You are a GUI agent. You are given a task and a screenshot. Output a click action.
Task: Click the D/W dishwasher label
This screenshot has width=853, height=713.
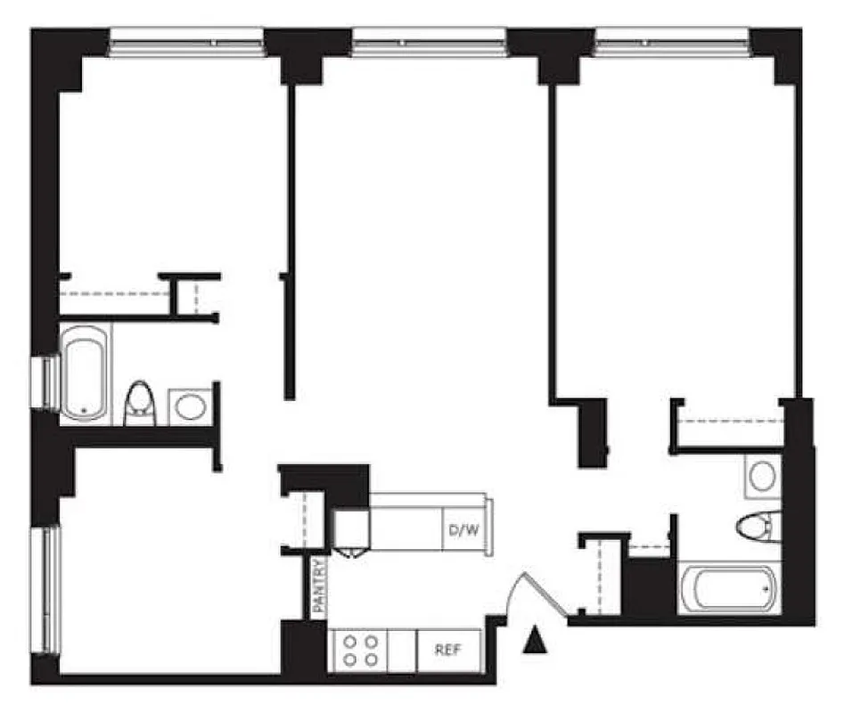463,532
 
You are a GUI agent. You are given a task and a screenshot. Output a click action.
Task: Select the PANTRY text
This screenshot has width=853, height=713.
319,585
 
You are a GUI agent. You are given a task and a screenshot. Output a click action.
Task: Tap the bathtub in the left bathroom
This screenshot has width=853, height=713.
85,373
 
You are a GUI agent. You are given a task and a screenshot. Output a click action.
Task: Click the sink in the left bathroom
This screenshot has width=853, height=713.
190,406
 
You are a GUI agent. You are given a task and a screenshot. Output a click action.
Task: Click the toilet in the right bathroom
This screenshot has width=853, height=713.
758,525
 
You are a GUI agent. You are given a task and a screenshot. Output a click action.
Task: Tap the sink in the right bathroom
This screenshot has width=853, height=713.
761,476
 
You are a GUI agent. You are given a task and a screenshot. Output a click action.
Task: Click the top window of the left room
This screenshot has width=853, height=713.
187,40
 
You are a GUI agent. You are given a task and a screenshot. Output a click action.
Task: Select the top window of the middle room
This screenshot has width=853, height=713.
430,40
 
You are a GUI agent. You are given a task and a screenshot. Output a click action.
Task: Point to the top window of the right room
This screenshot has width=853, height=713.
672,40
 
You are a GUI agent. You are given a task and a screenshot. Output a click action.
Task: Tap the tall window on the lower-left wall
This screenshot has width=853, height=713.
45,588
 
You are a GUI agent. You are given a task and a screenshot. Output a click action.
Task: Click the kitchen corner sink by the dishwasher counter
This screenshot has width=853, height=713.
352,532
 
